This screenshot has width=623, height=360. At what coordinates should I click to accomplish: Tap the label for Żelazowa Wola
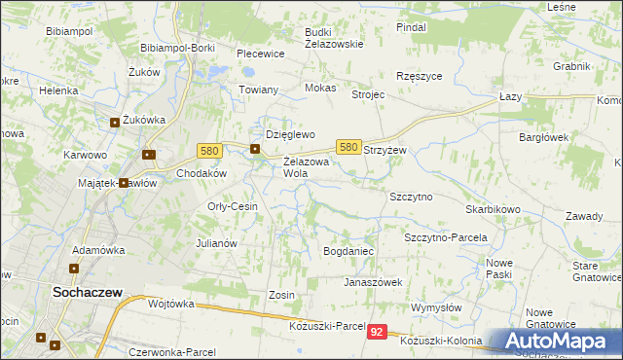(307, 167)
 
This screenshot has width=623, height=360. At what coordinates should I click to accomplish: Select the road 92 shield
(378, 332)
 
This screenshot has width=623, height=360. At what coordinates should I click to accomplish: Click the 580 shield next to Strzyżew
(349, 146)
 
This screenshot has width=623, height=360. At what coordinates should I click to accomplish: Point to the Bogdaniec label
(348, 251)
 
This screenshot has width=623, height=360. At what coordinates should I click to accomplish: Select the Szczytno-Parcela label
(445, 237)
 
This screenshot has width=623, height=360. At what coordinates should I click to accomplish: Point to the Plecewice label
(260, 54)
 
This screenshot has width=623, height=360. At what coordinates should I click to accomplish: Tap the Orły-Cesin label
(233, 206)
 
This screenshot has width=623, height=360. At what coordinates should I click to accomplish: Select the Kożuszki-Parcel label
(327, 325)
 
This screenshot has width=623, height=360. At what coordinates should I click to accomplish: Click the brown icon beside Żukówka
(115, 123)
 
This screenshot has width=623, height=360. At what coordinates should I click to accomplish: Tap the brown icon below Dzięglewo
(255, 149)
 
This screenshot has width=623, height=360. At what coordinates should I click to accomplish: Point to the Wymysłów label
(435, 307)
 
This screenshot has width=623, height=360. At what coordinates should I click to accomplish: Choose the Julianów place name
(217, 243)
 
